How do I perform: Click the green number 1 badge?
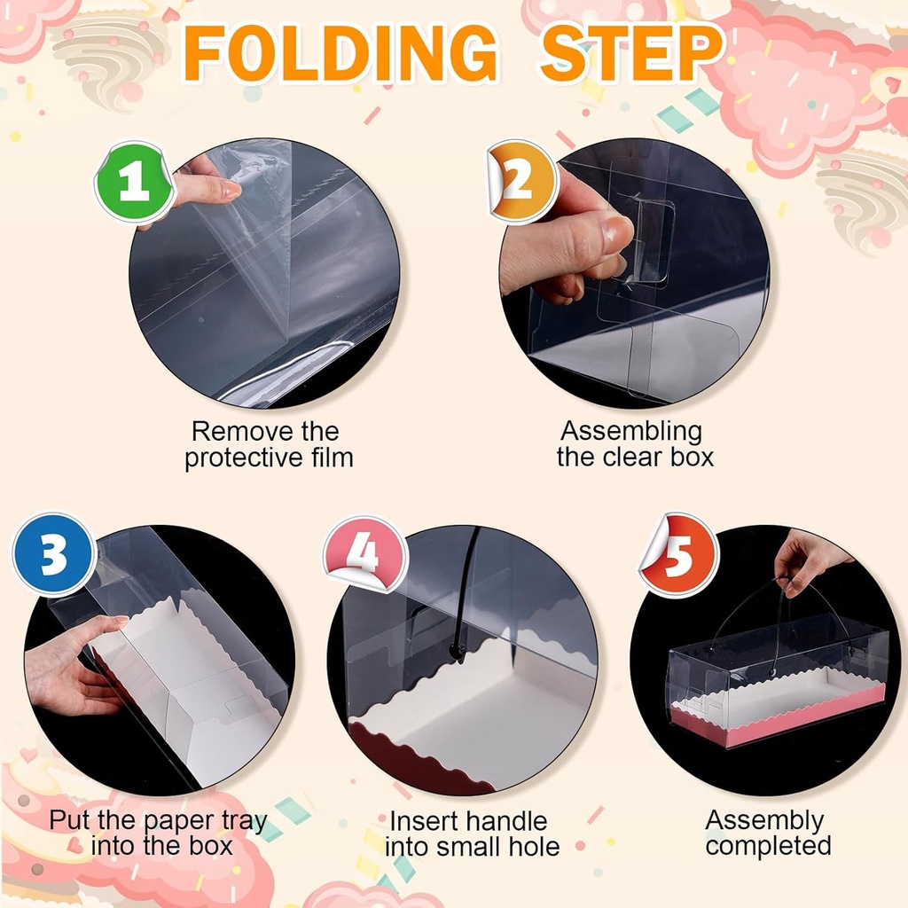(x=135, y=181)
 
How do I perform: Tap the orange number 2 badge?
(x=523, y=181)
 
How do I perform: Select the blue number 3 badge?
(x=53, y=553)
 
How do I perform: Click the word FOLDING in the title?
(x=340, y=53)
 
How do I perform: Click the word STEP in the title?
(x=631, y=53)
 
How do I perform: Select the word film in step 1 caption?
(x=332, y=458)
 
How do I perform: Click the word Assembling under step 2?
(x=631, y=432)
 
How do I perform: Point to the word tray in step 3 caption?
(x=245, y=821)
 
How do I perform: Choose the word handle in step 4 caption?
(x=509, y=821)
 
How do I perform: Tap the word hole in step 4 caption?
(x=534, y=847)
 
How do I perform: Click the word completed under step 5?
(x=769, y=845)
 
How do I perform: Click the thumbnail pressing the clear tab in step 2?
(x=617, y=230)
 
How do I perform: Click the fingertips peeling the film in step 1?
(x=226, y=189)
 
